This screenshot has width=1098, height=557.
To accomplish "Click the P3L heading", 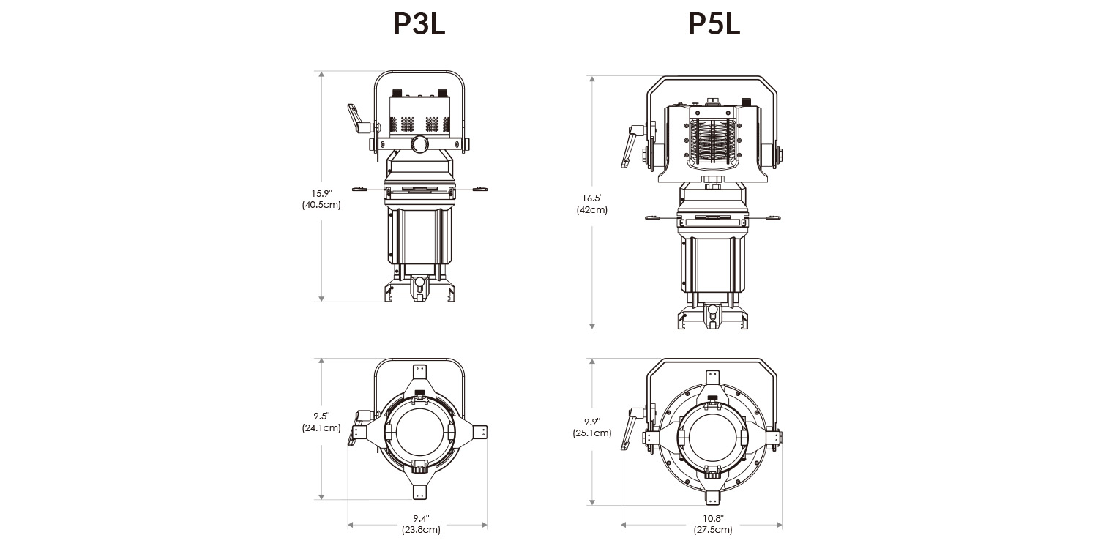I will [419, 25].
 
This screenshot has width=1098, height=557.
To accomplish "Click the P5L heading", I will [714, 25].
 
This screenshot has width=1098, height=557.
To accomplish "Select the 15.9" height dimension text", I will [321, 193].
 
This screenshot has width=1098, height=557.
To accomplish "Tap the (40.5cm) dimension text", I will [321, 205].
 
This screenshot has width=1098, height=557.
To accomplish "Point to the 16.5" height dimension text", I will [592, 198].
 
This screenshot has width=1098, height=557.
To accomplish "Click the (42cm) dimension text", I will [592, 210].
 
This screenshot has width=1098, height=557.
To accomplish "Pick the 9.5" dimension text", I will [321, 416].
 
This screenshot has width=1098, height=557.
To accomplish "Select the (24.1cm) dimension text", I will [321, 428].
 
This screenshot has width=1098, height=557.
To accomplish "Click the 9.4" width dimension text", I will [421, 517].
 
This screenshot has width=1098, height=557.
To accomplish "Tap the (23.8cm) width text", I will [421, 530].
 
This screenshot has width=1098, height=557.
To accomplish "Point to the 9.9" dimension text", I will [592, 421].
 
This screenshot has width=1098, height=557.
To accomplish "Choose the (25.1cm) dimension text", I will [592, 433].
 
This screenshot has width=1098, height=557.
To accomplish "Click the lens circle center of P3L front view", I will [419, 434].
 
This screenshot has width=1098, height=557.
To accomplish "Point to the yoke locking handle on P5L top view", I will [629, 146].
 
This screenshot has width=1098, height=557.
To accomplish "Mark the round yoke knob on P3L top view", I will [419, 143].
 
